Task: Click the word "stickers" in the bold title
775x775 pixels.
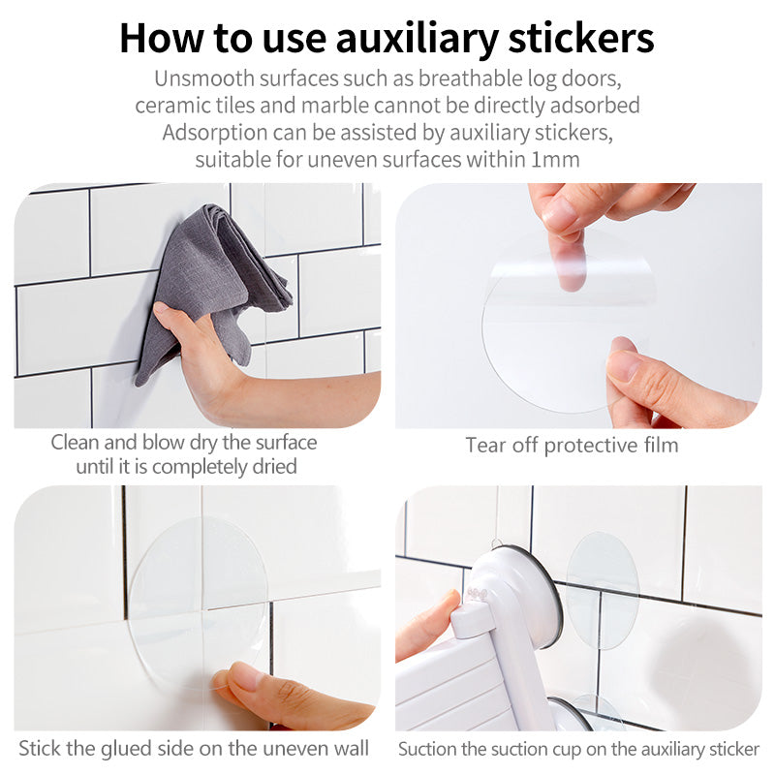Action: coord(581,38)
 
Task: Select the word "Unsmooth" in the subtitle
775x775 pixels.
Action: coord(204,78)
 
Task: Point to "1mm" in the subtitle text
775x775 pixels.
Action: coord(555,159)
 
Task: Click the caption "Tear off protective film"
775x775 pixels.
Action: coord(572,446)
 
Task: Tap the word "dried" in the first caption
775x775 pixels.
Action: coord(275,467)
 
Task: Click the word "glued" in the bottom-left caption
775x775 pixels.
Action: coord(125,748)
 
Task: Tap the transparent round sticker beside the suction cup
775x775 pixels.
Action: coord(603,591)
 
